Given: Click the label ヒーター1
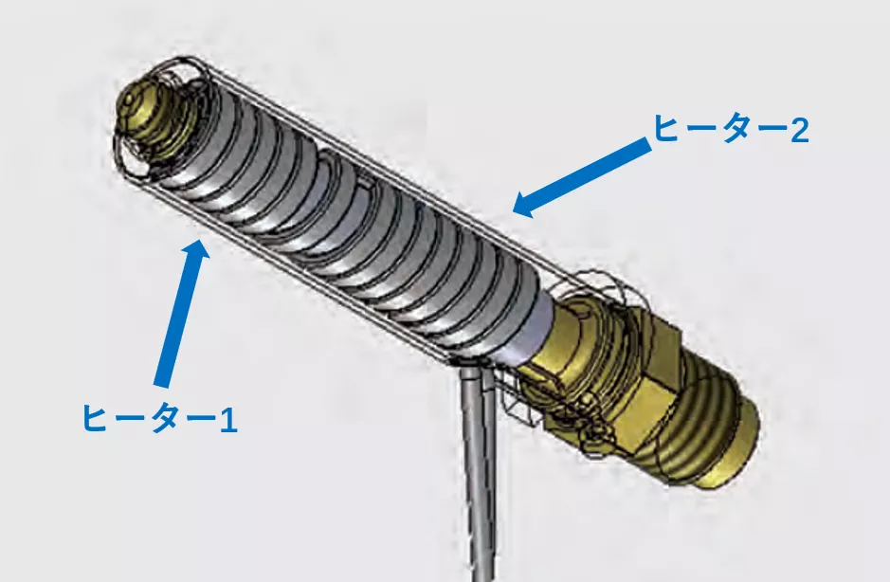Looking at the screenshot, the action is (x=159, y=418).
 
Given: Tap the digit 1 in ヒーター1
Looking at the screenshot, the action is (x=228, y=420).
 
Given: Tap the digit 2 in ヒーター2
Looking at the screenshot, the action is (x=799, y=130).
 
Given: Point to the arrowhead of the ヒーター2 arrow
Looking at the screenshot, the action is (x=526, y=205).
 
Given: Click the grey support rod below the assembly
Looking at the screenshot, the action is (x=479, y=471).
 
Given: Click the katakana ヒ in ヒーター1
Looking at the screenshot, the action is (x=96, y=419).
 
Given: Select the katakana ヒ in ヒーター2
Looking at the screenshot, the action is (x=666, y=129).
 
